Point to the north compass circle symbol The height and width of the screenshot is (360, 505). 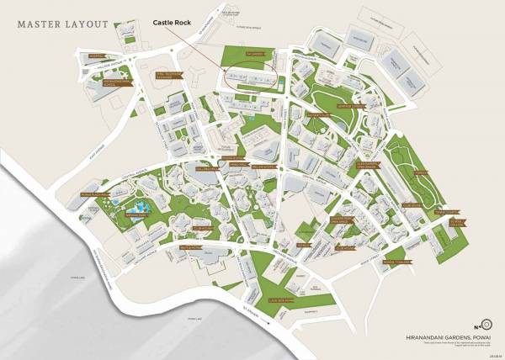(x=486, y=324)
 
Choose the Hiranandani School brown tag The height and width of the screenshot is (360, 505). (x=114, y=83)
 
